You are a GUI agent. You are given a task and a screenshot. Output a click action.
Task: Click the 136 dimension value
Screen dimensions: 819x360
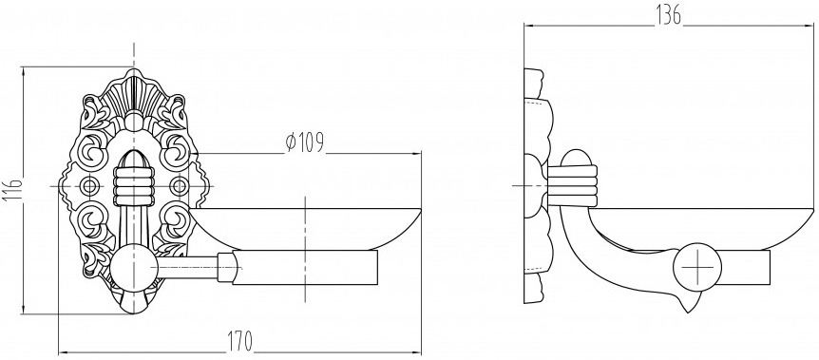[x=669, y=16]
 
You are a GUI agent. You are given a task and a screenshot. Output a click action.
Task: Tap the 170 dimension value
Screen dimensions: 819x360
[x=239, y=341]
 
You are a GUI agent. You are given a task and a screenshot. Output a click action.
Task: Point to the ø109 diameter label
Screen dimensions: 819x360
[x=305, y=142]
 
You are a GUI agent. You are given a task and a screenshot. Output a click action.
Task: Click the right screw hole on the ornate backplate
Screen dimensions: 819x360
[x=179, y=185]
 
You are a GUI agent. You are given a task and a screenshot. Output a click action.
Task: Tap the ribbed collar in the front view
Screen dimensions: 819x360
[x=134, y=185]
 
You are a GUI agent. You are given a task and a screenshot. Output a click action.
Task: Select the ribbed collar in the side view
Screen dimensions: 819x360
[x=572, y=185]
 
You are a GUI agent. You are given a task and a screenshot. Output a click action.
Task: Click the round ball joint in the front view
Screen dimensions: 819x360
[x=134, y=267]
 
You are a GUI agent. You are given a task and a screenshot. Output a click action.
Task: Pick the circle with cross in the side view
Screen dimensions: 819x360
[x=696, y=267]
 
